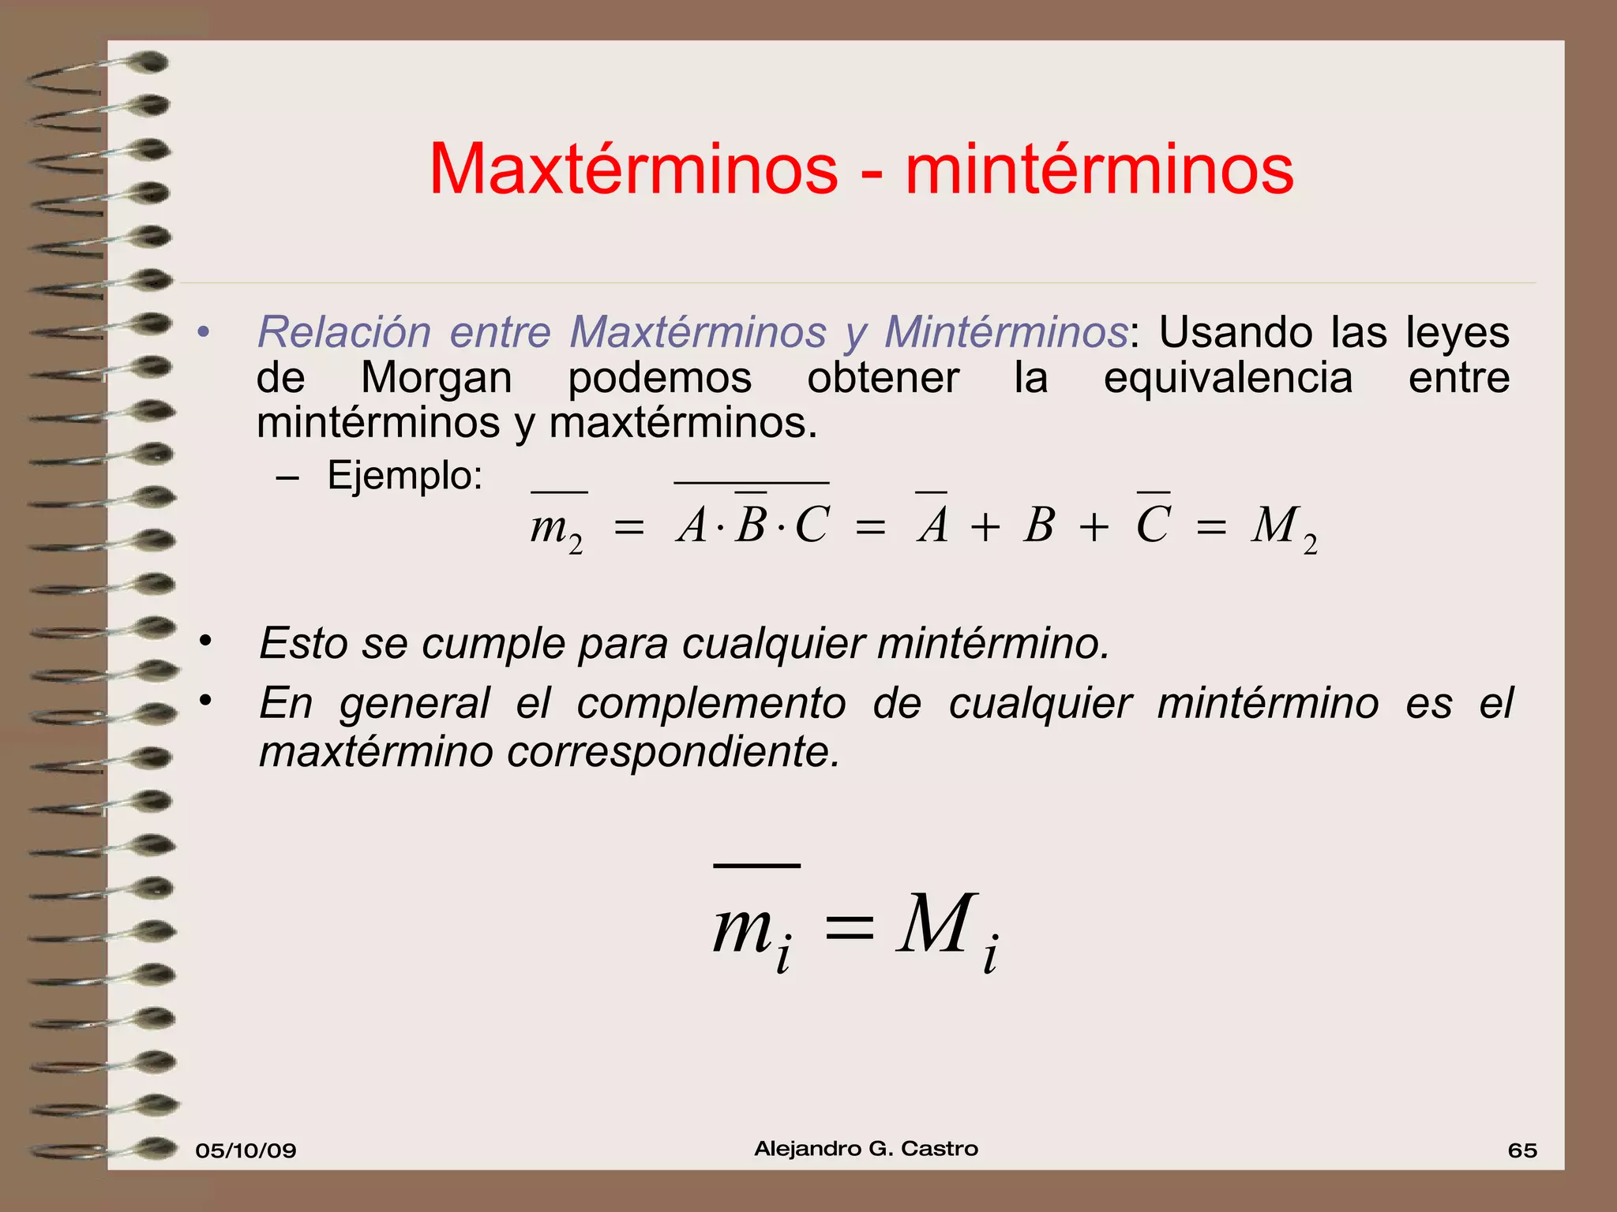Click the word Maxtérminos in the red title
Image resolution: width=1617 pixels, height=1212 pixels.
tap(633, 169)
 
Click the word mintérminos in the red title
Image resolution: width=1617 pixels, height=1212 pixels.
tap(1099, 169)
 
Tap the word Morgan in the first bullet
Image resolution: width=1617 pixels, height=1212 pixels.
tap(436, 377)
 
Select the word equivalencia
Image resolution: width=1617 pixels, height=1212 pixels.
tap(1228, 377)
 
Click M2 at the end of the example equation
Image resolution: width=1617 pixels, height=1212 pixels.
tap(1284, 527)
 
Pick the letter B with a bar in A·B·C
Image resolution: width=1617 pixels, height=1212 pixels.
tap(750, 524)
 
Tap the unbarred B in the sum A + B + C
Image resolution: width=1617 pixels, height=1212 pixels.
tap(1039, 524)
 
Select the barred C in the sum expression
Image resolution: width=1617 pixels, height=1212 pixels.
tap(1153, 524)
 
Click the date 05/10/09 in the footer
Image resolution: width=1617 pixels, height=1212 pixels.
tap(246, 1150)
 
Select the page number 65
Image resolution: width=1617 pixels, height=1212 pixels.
tap(1522, 1150)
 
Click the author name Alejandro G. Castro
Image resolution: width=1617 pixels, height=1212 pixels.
tap(866, 1149)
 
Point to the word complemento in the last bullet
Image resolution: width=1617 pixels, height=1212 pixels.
tap(711, 703)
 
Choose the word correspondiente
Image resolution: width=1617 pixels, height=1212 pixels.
tap(673, 752)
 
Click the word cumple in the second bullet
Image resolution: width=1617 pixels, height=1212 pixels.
tap(493, 643)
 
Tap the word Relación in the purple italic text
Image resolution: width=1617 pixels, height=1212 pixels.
tap(344, 331)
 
